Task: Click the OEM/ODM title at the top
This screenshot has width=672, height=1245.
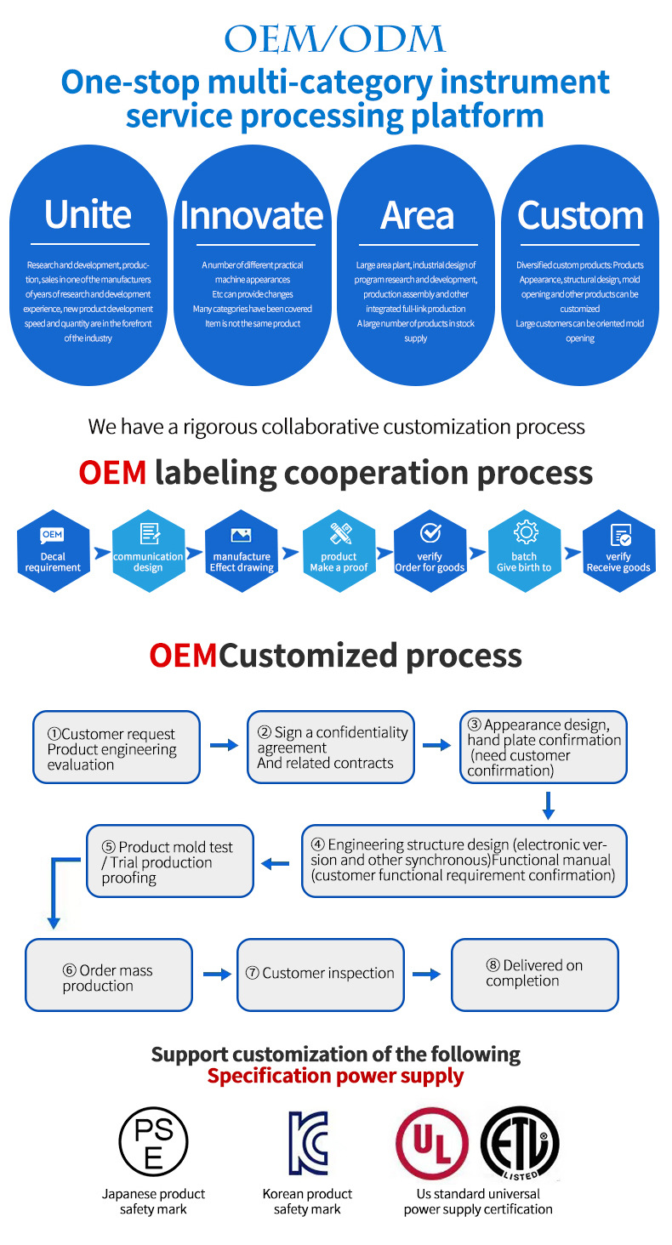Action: coord(334,39)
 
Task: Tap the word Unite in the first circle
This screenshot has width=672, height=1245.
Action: coord(88,214)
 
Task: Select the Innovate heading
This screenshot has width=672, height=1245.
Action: coord(252,216)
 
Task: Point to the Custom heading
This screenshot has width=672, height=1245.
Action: coord(580,216)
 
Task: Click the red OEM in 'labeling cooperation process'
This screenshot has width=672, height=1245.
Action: coord(112,473)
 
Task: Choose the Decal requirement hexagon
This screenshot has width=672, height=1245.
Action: coord(54,551)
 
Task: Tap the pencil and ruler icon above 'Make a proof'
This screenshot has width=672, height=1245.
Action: coord(340,533)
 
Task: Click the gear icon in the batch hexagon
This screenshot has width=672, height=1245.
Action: coord(525,532)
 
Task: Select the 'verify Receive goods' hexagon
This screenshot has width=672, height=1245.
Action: coord(618,551)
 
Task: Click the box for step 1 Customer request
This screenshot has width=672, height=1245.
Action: coord(117,747)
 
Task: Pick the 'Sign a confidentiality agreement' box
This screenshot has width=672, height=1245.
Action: coord(331,747)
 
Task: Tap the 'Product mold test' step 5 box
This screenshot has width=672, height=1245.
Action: coord(170,861)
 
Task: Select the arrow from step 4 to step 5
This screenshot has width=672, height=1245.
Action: coord(275,864)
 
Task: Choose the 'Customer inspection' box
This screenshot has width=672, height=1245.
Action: coord(321,975)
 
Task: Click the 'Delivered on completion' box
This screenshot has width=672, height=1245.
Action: coord(535,975)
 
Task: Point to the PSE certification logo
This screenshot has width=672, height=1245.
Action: coord(153,1141)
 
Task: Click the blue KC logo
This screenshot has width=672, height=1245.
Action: coord(309,1143)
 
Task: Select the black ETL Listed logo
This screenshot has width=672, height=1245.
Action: coord(520,1143)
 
